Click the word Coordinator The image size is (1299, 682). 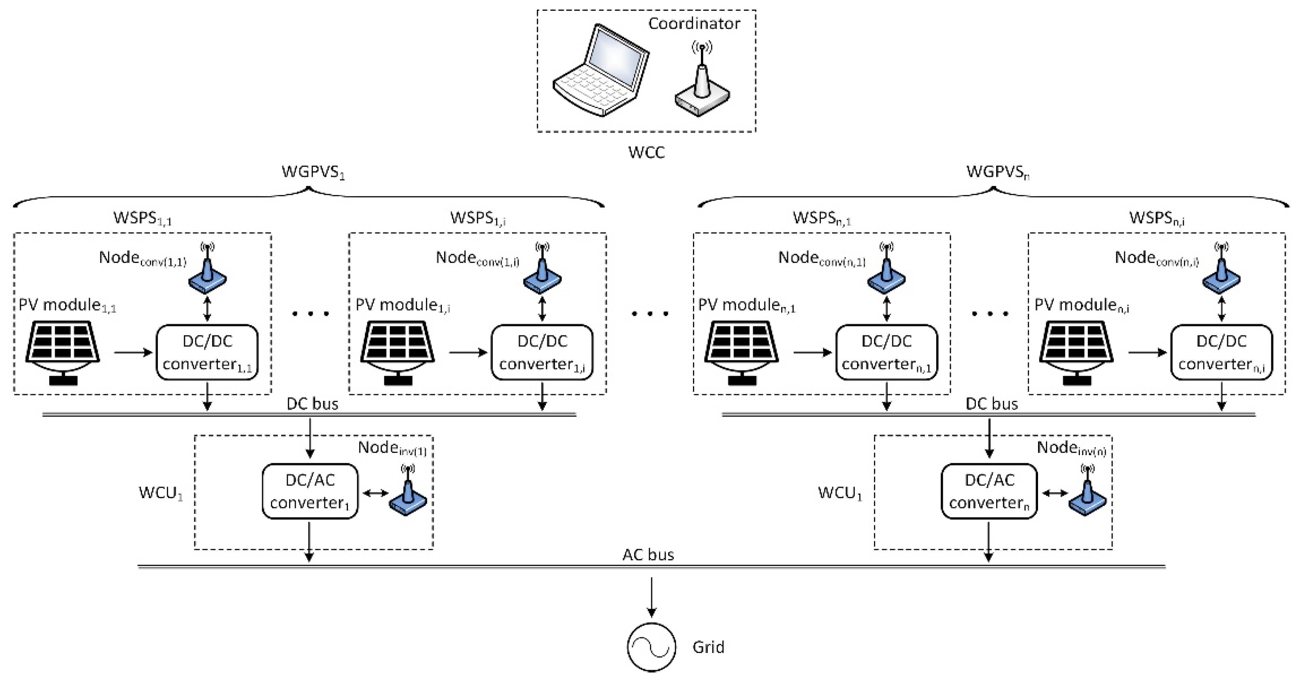pos(694,23)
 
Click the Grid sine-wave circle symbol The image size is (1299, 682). pos(651,647)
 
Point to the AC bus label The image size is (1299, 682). pos(648,554)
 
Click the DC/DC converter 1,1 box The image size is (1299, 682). pos(207,352)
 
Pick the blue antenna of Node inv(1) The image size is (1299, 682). pos(408,494)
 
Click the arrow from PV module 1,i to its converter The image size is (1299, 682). pos(468,352)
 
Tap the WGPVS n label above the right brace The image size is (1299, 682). pos(997,172)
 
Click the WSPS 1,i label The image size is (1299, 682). pos(478,218)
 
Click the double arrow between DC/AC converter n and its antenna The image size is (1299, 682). pos(1055,494)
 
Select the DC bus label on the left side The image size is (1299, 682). pos(312,404)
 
